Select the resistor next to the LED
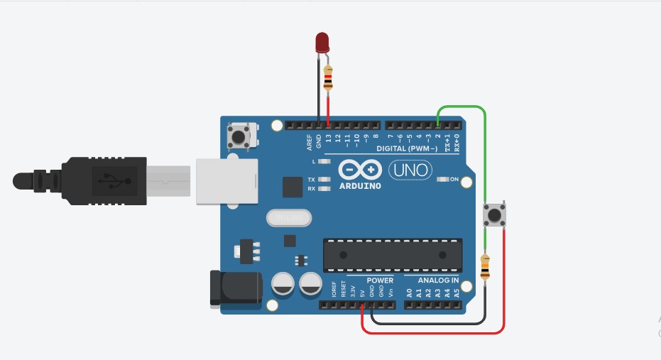click(x=327, y=78)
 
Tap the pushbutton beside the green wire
click(x=494, y=215)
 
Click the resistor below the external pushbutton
click(x=486, y=268)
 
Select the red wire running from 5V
click(x=433, y=332)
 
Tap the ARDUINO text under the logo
click(x=359, y=186)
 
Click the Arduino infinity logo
click(x=360, y=170)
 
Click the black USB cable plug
click(x=106, y=180)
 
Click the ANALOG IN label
click(x=433, y=280)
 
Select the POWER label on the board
click(x=380, y=280)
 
